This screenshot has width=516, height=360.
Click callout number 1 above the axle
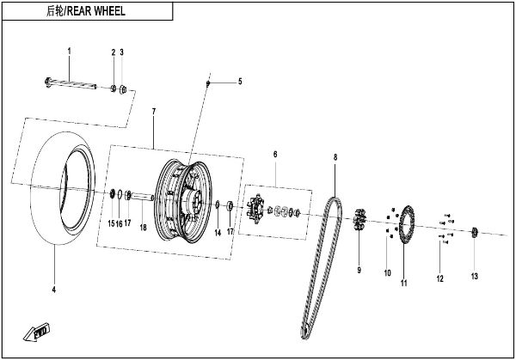pos(70,52)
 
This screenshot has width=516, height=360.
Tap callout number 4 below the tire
pos(53,290)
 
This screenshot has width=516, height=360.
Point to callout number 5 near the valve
pos(240,82)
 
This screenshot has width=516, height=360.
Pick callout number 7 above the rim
pos(153,113)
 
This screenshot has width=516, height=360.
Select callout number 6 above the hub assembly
pos(274,155)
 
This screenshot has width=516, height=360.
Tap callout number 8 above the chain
pos(335,157)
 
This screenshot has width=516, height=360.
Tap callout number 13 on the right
pos(474,276)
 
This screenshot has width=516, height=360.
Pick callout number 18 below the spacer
pos(144,227)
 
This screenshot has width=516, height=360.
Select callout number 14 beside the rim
pos(218,233)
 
